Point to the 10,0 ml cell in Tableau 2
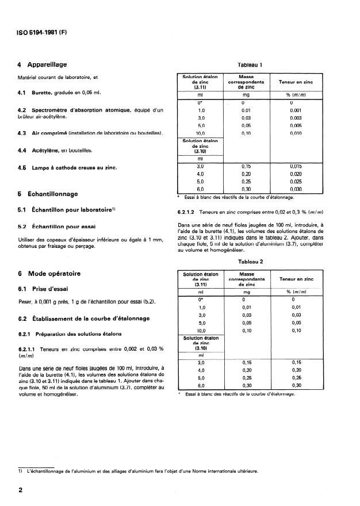click(201, 331)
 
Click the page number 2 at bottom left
click(21, 490)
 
